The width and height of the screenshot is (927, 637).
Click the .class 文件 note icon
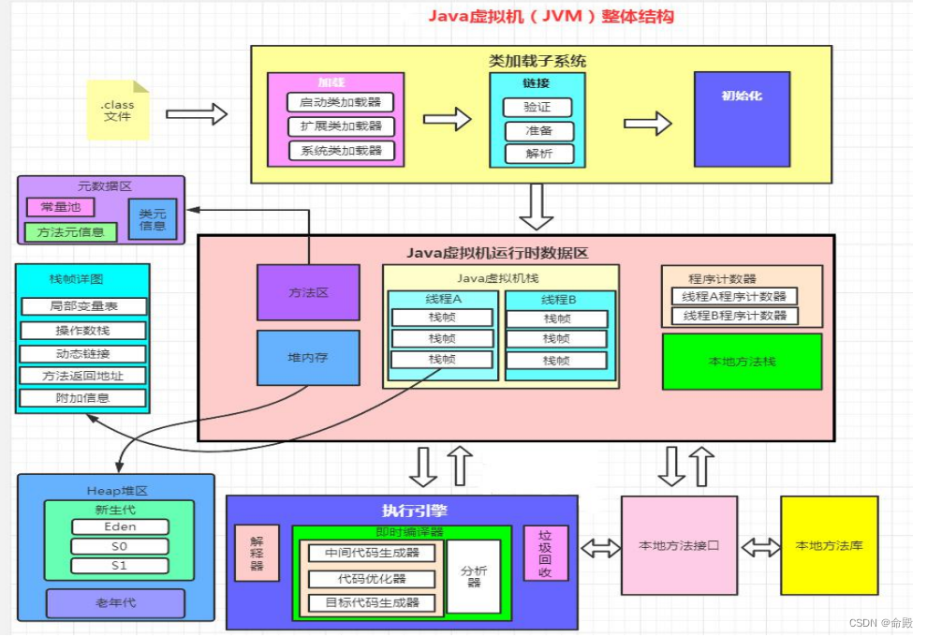(117, 111)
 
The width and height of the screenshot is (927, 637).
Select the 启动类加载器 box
(341, 102)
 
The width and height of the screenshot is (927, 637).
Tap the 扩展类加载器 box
(341, 126)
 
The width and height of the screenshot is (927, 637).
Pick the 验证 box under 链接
(537, 108)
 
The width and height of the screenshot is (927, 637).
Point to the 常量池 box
(60, 207)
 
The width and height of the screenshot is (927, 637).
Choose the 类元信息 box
(153, 219)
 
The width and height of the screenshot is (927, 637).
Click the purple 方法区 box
(308, 292)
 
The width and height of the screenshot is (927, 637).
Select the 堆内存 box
(308, 357)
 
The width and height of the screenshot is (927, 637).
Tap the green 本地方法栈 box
(742, 362)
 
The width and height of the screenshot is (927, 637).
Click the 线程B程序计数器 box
(734, 316)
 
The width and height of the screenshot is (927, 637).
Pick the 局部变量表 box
(82, 306)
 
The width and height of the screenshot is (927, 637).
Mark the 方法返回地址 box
(82, 376)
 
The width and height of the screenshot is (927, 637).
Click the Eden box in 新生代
(119, 527)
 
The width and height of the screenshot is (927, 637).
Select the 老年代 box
(115, 602)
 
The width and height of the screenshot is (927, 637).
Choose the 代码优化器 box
(372, 579)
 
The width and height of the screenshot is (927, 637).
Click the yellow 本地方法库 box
(829, 545)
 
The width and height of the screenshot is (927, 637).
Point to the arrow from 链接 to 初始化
(648, 124)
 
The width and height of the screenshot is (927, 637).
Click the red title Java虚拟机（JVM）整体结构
(551, 17)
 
